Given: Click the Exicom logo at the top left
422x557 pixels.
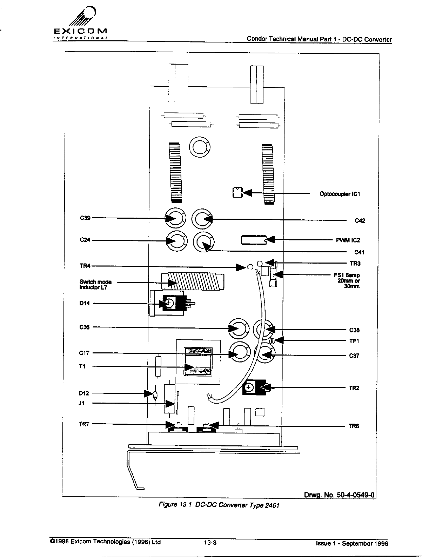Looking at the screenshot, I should point(80,24).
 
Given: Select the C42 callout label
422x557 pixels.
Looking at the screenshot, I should point(360,220).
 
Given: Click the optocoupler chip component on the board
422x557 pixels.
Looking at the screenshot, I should point(237,193).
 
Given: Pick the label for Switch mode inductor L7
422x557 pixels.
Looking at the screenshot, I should point(95,284).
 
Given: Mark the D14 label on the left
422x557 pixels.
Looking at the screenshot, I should point(85,304).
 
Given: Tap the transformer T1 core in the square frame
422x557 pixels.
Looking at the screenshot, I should point(198,362).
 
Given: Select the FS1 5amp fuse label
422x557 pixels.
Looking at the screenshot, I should point(347,280).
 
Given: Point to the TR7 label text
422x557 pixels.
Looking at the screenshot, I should point(85,424).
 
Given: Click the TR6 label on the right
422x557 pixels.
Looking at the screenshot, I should point(354,426).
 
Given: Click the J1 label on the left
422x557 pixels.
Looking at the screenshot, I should point(82,403).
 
